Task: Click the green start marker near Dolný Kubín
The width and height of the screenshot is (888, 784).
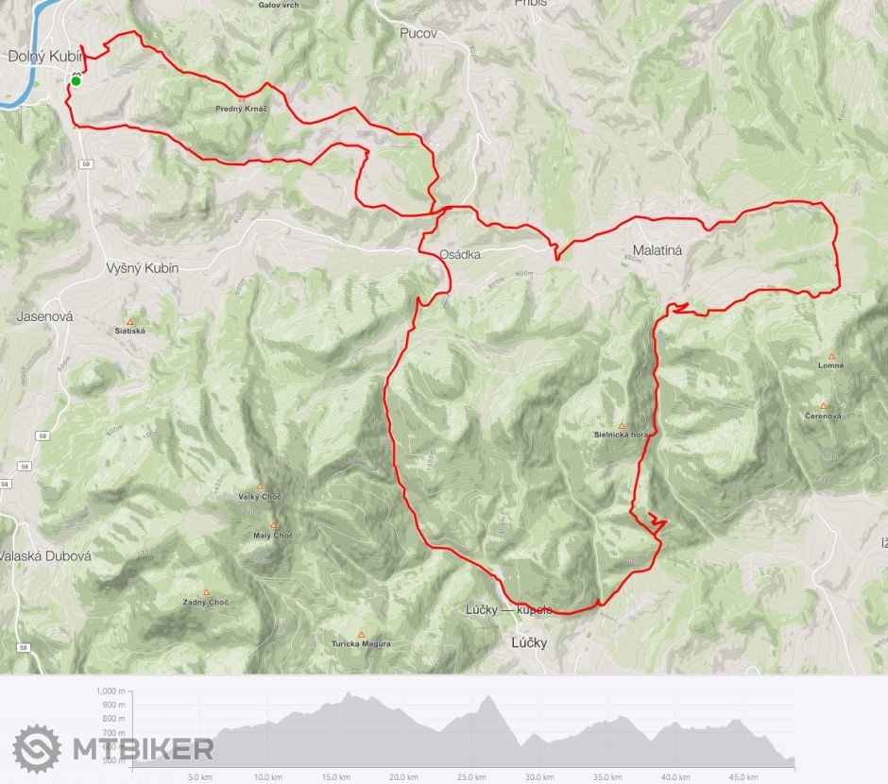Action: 76,81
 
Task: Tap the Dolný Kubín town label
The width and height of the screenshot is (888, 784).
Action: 45,57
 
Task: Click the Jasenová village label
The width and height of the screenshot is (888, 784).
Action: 44,316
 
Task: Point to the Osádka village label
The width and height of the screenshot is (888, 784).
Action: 460,255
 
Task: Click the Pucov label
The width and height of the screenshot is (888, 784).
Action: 418,33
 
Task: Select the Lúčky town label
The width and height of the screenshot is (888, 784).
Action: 529,643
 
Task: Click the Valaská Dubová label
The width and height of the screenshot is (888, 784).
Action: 45,556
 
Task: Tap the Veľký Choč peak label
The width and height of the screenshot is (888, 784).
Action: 261,497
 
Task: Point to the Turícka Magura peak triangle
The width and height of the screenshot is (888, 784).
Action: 361,635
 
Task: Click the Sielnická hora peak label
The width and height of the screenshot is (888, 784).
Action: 621,435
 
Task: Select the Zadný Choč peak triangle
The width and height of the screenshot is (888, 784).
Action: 206,592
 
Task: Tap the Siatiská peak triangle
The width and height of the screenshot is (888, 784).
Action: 129,321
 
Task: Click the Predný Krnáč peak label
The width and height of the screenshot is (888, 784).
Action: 242,109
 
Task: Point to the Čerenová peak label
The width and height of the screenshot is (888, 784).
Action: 823,417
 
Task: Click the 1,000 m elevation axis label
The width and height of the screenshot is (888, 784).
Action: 111,690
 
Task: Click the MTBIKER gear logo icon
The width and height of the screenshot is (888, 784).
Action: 37,749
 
